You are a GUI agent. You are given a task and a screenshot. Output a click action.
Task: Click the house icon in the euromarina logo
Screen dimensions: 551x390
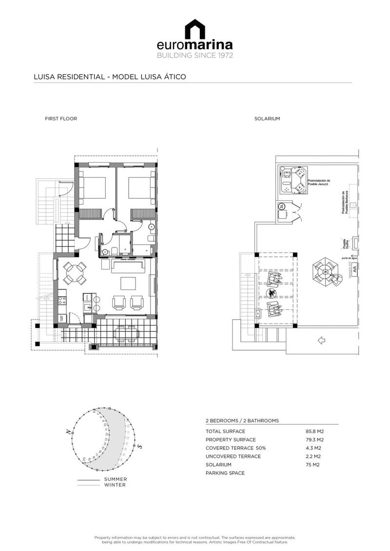click(x=195, y=29)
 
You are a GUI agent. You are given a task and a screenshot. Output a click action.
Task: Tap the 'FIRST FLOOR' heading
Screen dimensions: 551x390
click(x=61, y=118)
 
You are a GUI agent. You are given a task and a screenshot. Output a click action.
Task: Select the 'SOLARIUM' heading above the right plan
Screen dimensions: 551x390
click(x=267, y=118)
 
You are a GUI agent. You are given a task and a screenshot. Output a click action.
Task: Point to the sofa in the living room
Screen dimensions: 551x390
click(x=129, y=266)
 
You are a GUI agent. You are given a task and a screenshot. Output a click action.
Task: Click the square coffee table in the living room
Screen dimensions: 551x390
click(x=129, y=283)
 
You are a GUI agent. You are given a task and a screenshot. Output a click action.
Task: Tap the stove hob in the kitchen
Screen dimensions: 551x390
click(x=62, y=298)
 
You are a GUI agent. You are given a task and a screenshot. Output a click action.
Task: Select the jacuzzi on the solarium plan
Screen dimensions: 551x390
click(x=293, y=179)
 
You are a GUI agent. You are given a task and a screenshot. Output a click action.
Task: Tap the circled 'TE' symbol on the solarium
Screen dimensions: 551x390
click(x=282, y=207)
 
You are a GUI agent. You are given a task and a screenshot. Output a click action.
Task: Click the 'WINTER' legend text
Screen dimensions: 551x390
click(x=115, y=485)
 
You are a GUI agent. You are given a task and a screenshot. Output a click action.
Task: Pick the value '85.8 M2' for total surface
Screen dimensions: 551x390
click(x=314, y=431)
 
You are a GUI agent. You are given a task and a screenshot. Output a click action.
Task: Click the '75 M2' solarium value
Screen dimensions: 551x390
click(x=312, y=465)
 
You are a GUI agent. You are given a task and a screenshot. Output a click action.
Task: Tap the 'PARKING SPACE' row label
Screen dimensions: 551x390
click(x=225, y=473)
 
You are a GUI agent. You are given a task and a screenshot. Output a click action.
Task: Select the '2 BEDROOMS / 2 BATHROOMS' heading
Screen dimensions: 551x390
click(x=242, y=420)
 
